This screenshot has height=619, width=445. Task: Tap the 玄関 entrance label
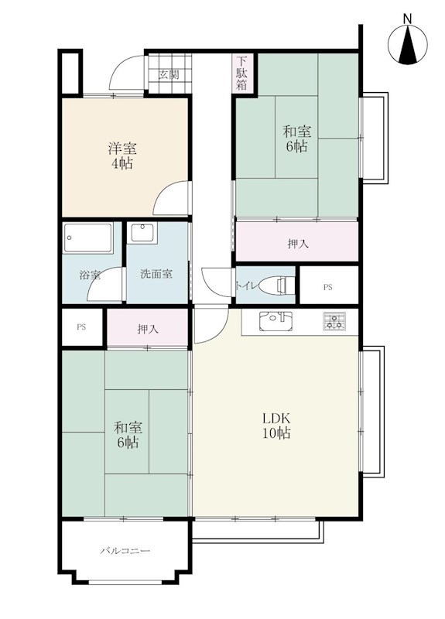(169, 74)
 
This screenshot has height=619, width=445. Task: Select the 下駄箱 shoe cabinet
(241, 74)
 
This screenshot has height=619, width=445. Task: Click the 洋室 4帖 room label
(122, 156)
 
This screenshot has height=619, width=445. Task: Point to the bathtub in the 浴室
(88, 238)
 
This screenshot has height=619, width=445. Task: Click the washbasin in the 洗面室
(144, 232)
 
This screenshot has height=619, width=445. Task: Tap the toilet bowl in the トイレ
(280, 285)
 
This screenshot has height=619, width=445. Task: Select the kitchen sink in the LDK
(276, 321)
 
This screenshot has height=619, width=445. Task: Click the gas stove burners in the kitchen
(334, 321)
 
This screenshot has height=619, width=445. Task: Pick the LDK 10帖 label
(277, 426)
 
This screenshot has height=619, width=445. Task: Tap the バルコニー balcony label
(125, 550)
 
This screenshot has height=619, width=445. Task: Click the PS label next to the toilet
(327, 287)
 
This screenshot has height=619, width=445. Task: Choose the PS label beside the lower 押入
(81, 327)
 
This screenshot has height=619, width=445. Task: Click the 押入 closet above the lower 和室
(148, 328)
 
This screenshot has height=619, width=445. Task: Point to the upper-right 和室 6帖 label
(296, 139)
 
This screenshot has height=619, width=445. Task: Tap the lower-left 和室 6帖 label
(128, 435)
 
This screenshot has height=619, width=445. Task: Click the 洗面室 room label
(156, 274)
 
